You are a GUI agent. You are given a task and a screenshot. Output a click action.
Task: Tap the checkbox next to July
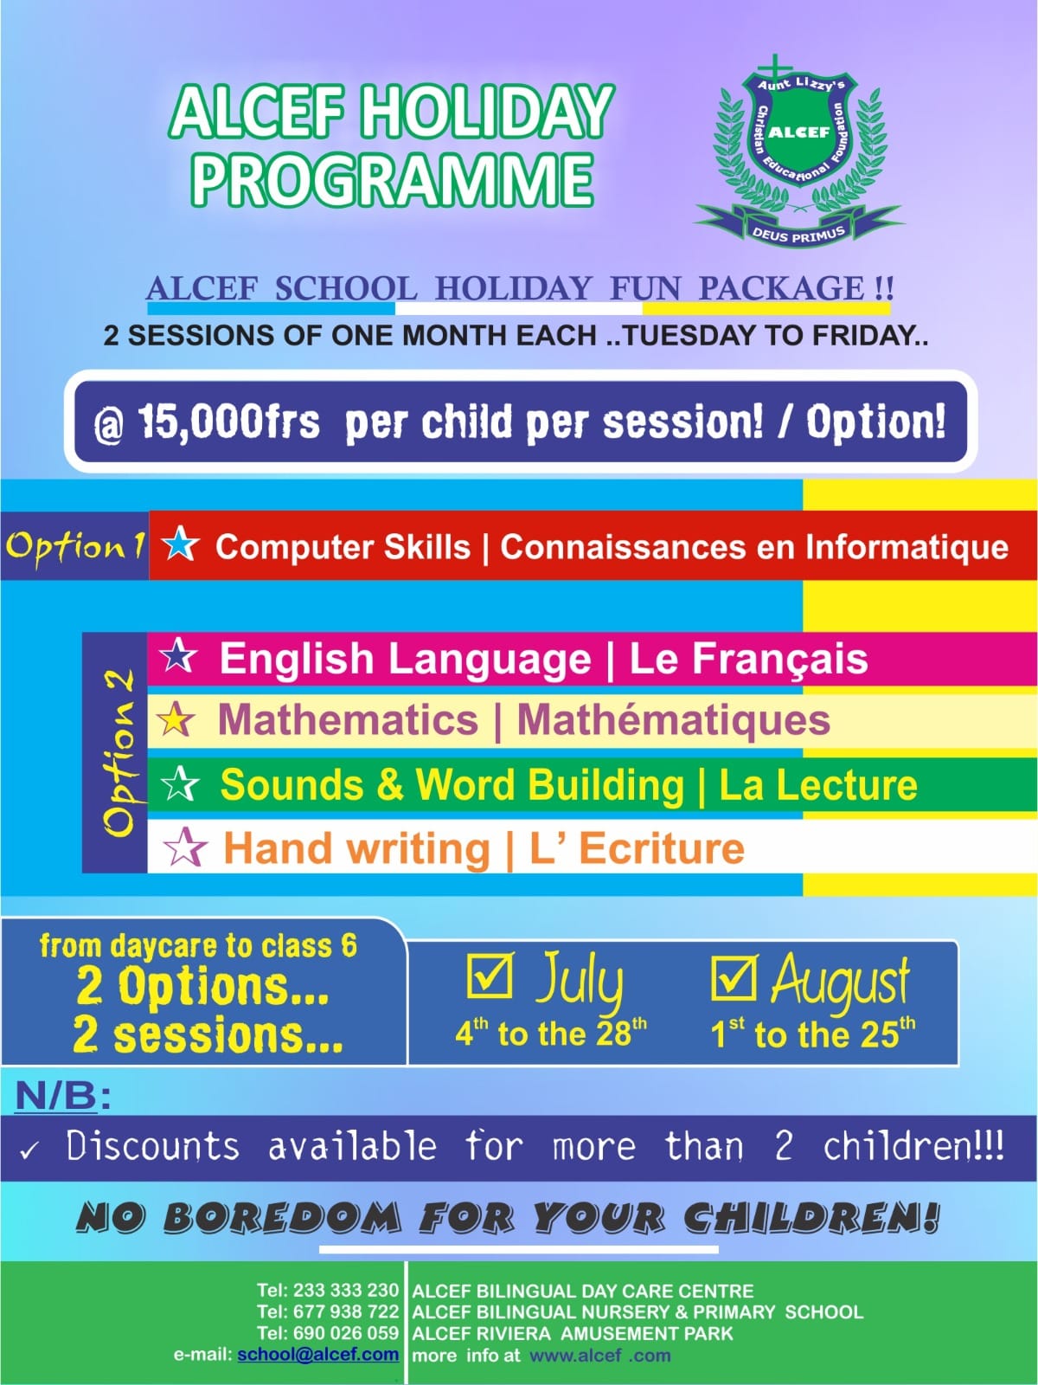(x=490, y=975)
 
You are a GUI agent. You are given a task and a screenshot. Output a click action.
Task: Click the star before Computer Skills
(x=180, y=544)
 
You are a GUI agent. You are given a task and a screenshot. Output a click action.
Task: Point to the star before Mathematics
(x=176, y=720)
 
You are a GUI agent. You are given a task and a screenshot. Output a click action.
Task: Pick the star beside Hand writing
(x=184, y=847)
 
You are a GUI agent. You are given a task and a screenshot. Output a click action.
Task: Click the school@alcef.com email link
(x=317, y=1354)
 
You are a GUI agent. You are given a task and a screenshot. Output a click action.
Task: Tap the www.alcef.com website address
(x=600, y=1355)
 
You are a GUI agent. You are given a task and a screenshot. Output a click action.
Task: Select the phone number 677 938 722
(x=346, y=1311)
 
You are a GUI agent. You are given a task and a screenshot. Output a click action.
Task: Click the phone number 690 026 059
(x=346, y=1333)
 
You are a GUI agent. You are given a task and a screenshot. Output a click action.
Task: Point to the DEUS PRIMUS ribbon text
(x=798, y=234)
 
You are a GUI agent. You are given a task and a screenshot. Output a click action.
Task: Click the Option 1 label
(x=75, y=545)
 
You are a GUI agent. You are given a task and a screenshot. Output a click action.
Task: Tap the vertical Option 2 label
(x=119, y=753)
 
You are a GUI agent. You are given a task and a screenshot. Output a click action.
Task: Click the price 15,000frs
(x=228, y=422)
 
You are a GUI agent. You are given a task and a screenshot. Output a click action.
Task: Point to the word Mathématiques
(x=673, y=720)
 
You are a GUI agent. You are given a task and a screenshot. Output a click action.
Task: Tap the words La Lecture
(x=818, y=784)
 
